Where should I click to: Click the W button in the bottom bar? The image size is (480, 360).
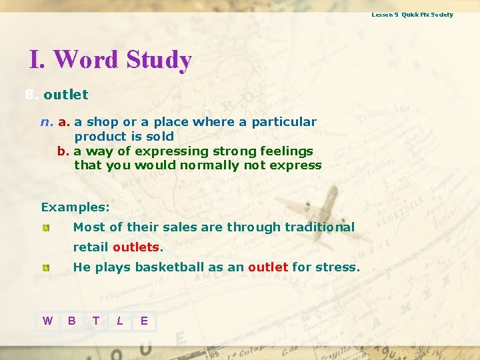[47, 321]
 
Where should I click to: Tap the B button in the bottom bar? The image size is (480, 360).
[71, 321]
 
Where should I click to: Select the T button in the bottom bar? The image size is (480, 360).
[96, 321]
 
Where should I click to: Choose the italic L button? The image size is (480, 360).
[120, 321]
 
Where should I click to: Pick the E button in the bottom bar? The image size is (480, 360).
[144, 321]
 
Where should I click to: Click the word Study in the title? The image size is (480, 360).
[157, 60]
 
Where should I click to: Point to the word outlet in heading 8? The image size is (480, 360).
[65, 95]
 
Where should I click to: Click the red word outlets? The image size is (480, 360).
[136, 247]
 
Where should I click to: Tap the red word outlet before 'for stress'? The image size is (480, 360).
[268, 267]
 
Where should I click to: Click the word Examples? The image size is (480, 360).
[75, 207]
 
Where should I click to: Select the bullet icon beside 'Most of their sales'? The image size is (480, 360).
[45, 228]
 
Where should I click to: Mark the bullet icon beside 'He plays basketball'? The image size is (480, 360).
[45, 268]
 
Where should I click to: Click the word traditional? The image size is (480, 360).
[319, 227]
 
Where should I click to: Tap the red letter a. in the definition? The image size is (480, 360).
[64, 122]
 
